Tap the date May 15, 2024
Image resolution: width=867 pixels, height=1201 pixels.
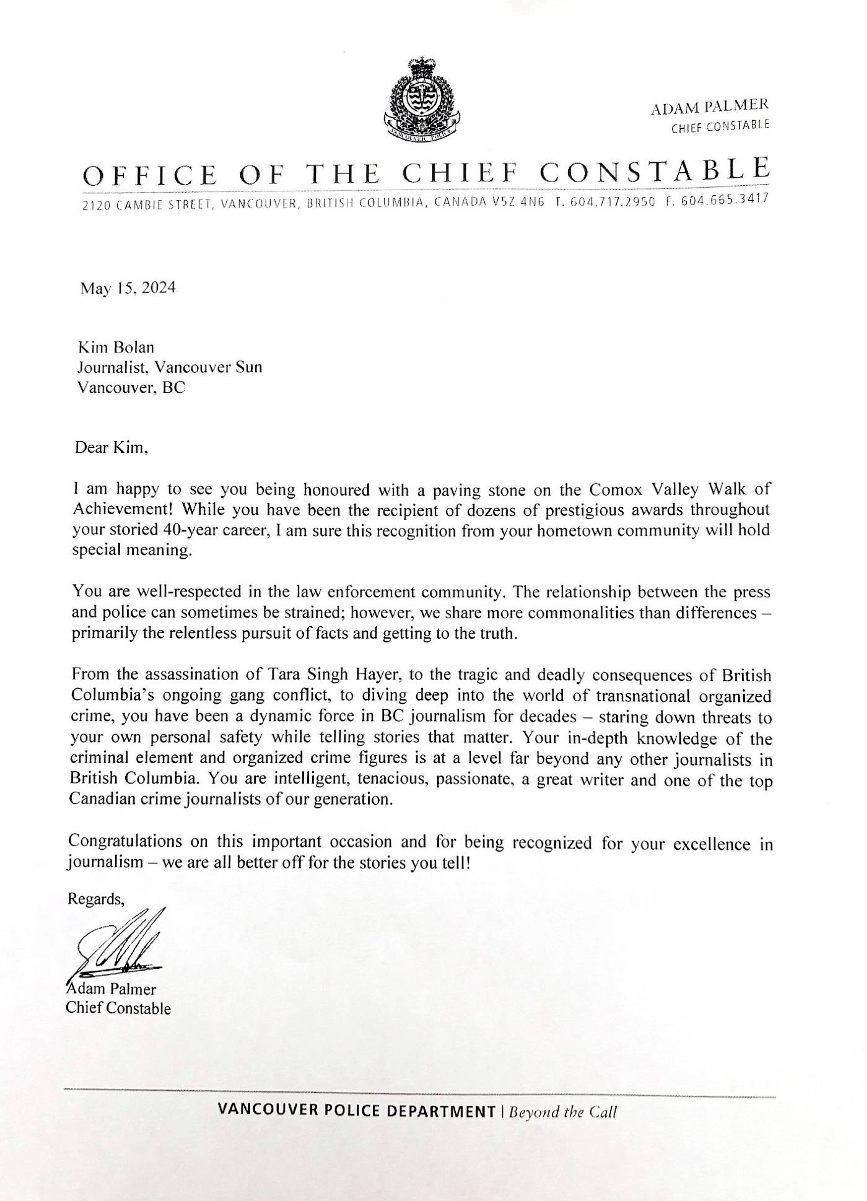[128, 288]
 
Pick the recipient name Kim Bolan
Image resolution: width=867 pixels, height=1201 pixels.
[115, 348]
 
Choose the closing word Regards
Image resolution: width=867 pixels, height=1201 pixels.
[96, 899]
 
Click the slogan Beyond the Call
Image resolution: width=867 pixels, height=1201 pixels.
[562, 1112]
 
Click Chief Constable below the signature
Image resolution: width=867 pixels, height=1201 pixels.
[118, 1008]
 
